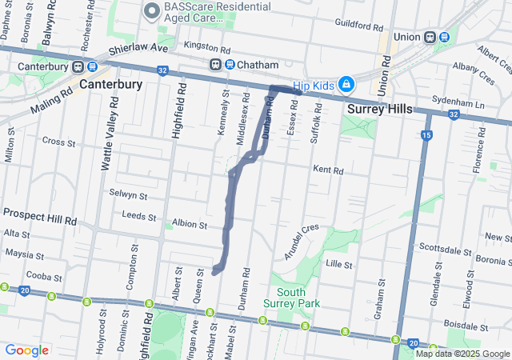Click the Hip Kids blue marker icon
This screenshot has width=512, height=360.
pos(346,84)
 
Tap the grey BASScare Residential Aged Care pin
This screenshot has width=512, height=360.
pos(150,11)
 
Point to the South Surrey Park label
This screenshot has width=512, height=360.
pos(291,298)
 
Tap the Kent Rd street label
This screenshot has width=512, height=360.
pos(328,170)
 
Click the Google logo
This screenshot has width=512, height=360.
pos(26,350)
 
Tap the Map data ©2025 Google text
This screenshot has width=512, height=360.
pos(462,354)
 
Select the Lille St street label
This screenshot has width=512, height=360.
pos(339,263)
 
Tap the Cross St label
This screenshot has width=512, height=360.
pos(58,142)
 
